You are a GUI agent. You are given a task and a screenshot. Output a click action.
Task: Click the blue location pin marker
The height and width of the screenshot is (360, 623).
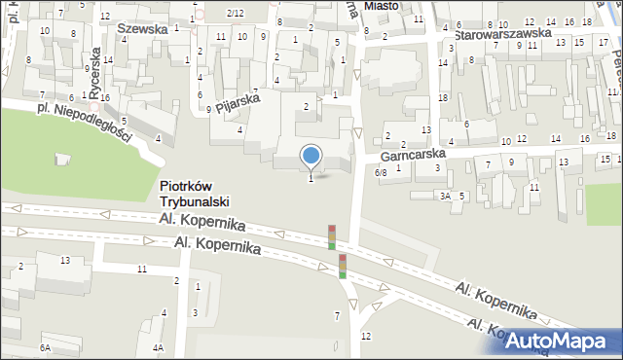pyautogui.click(x=311, y=156)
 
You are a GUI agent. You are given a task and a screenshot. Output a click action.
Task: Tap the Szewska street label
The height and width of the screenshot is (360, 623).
pyautogui.click(x=135, y=29)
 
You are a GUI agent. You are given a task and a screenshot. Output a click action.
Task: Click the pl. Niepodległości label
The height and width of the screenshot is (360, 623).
pyautogui.click(x=84, y=121)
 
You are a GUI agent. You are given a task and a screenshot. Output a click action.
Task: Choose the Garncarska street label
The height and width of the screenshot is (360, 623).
pyautogui.click(x=413, y=155)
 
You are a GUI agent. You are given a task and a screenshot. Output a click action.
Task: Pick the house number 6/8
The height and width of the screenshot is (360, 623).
pyautogui.click(x=381, y=172)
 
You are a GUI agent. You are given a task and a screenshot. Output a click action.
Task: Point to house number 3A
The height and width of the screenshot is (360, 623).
pyautogui.click(x=444, y=196)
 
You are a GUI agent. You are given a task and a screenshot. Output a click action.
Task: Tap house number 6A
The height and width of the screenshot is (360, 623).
pyautogui.click(x=45, y=347)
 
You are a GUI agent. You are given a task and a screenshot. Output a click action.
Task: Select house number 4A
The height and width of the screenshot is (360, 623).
pyautogui.click(x=158, y=347)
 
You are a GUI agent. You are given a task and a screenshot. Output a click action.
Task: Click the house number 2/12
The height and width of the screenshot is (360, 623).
pyautogui.click(x=235, y=13)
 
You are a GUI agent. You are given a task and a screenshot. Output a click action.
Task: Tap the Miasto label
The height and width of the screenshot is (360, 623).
pyautogui.click(x=383, y=6)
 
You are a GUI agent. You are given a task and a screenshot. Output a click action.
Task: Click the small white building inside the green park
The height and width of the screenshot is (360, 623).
pyautogui.click(x=64, y=159)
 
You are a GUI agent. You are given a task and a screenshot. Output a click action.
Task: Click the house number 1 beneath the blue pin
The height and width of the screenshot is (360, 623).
pyautogui.click(x=311, y=178)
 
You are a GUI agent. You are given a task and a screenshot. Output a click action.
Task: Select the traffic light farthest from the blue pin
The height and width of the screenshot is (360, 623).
pyautogui.click(x=343, y=266)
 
